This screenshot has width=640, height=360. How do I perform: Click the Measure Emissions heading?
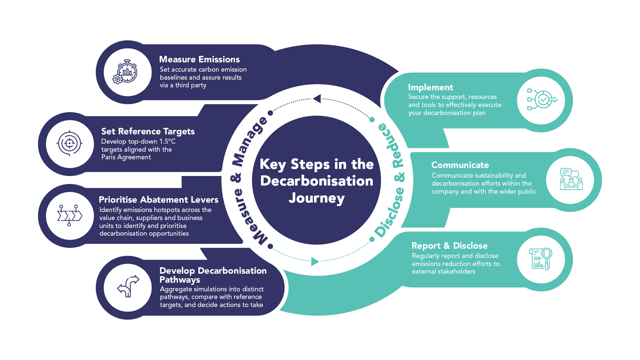tap(199, 59)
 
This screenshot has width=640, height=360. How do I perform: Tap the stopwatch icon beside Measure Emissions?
tap(126, 72)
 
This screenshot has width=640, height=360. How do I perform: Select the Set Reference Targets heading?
tap(148, 131)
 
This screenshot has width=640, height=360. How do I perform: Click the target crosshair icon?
tap(69, 143)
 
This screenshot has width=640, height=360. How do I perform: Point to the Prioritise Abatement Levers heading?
tap(158, 200)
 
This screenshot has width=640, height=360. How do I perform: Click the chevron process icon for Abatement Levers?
tap(69, 215)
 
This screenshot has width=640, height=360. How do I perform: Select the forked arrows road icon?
tap(128, 286)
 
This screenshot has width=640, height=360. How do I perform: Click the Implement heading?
tap(430, 87)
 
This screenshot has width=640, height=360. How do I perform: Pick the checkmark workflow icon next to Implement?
tap(542, 99)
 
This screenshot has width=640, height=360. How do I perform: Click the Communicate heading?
tap(460, 165)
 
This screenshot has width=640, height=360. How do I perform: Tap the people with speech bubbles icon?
tap(571, 179)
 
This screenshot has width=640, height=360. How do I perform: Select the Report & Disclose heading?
tap(449, 246)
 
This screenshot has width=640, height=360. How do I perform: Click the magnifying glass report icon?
tap(541, 259)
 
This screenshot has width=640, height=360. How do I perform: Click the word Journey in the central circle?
tap(316, 198)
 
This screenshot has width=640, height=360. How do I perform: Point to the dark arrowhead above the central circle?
tap(317, 99)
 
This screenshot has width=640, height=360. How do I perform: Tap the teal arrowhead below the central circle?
tap(315, 262)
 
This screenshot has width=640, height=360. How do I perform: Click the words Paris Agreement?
tap(126, 157)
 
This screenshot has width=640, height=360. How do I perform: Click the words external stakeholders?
tap(443, 272)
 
